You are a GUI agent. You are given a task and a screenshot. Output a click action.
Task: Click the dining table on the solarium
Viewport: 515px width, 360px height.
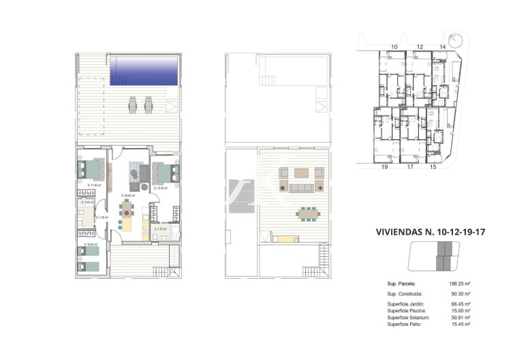307,213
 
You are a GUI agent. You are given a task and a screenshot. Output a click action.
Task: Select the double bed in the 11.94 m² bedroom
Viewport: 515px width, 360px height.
91,169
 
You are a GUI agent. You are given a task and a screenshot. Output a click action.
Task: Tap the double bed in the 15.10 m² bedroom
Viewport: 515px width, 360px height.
167,173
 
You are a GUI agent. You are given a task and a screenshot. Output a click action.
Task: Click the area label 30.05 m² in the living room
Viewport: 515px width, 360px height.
128,196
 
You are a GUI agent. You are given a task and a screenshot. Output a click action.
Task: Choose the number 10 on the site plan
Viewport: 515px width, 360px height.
394,46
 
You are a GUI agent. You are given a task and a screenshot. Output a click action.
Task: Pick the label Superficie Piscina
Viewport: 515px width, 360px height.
406,310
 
